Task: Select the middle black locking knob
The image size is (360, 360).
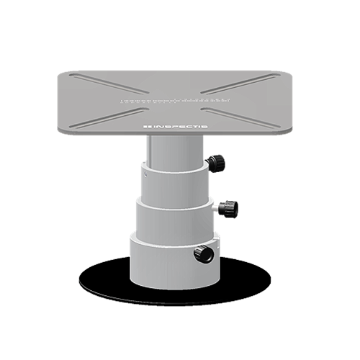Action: pos(230,208)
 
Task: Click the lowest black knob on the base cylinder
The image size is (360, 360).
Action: pos(204,253)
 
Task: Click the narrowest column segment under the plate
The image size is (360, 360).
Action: pos(169,151)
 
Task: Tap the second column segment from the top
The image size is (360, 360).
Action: pos(173,184)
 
